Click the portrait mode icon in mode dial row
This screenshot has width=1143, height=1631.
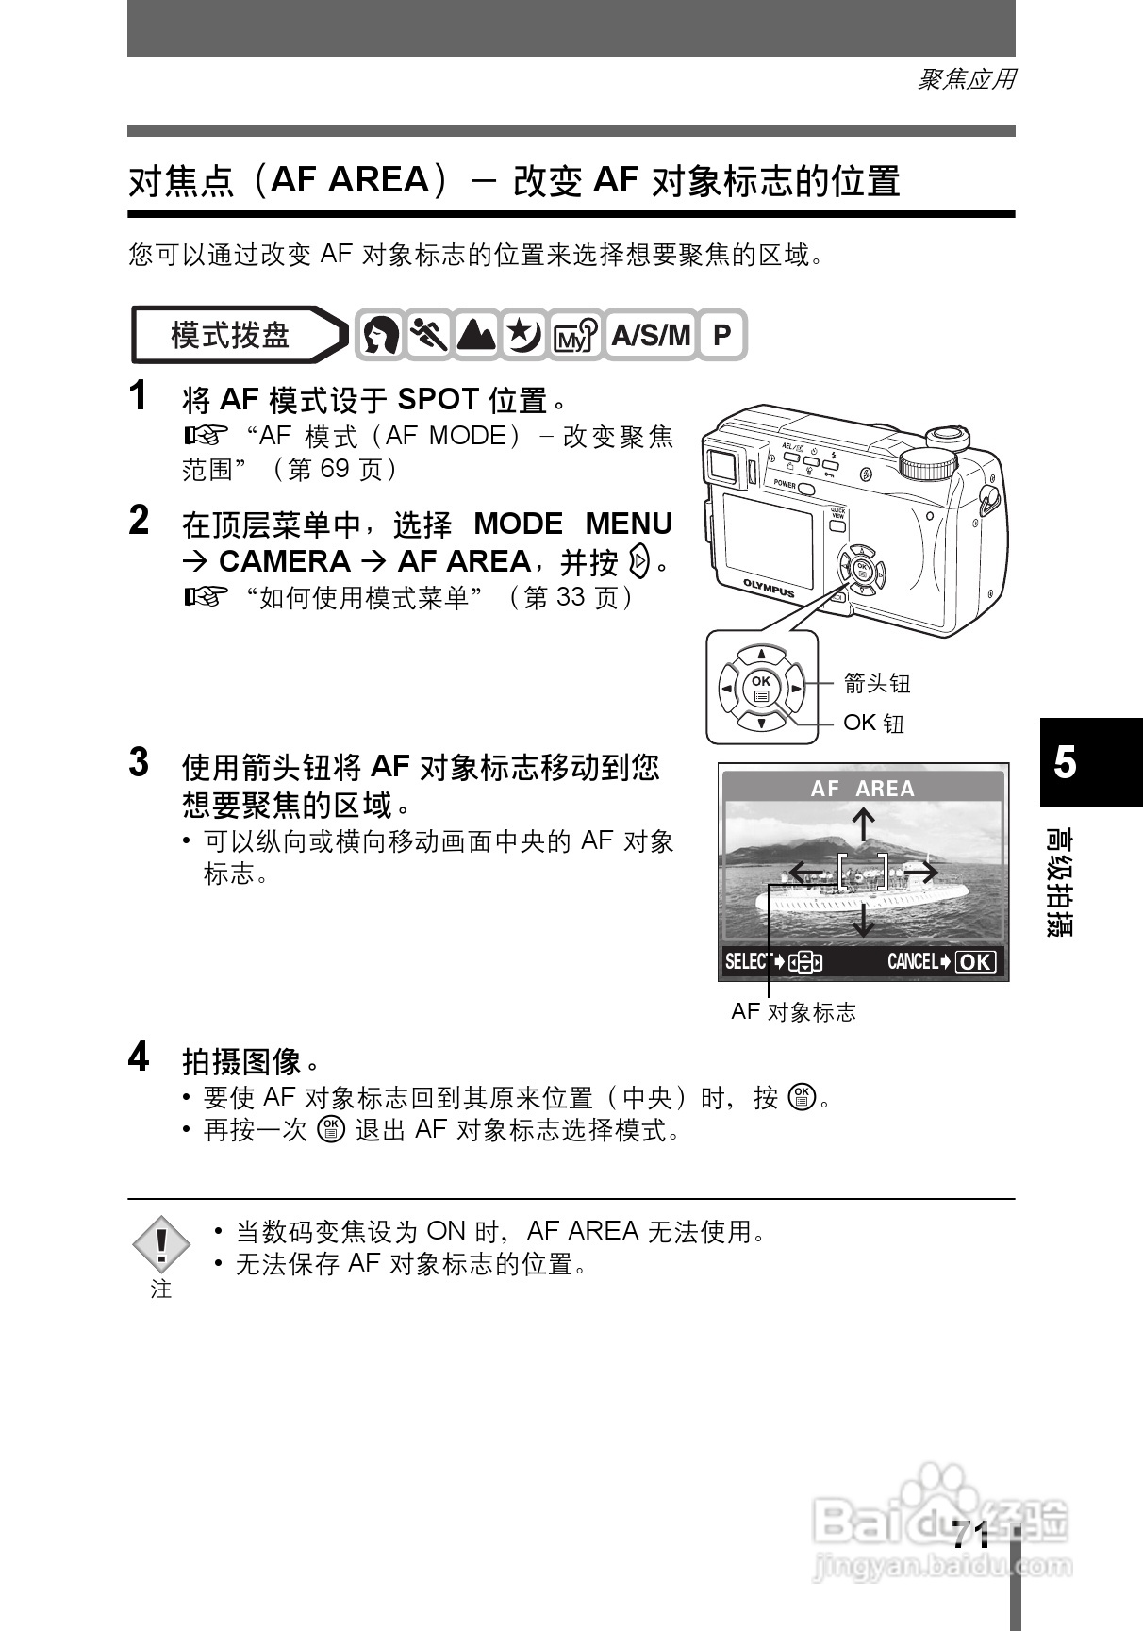[380, 335]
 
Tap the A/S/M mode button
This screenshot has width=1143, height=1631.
[651, 335]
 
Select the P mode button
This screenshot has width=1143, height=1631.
[721, 335]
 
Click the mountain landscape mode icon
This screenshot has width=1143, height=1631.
[476, 335]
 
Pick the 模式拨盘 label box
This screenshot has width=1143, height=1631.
[231, 335]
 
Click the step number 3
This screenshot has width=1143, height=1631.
[139, 762]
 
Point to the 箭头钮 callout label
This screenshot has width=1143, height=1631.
[877, 682]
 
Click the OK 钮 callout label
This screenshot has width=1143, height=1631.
[873, 723]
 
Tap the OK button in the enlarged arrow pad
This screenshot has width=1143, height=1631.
[760, 687]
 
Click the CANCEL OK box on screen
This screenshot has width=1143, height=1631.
[974, 961]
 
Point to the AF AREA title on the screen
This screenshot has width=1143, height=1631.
[863, 789]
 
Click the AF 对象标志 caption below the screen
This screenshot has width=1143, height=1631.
[793, 1012]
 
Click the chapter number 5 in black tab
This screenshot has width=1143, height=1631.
[1065, 762]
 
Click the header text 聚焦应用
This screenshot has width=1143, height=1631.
[967, 79]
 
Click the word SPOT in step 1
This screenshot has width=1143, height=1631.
[438, 400]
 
